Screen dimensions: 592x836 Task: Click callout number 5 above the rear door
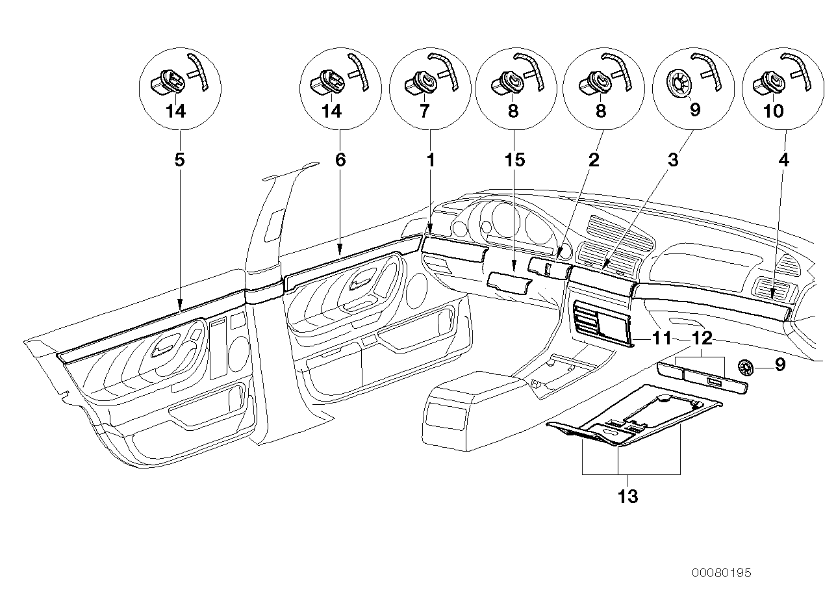coord(179,160)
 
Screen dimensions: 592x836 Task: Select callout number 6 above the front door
coord(340,160)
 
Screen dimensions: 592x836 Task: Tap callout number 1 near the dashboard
coord(429,160)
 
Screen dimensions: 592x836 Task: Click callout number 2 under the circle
coord(594,160)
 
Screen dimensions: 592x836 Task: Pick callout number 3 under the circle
coord(673,160)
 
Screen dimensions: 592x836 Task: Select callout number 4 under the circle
coord(784,160)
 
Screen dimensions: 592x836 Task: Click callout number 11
coord(661,339)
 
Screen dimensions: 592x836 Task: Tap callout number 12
coord(702,339)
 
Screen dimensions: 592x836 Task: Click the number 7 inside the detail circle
coord(424,111)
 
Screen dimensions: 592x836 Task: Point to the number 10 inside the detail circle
coord(774,111)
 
